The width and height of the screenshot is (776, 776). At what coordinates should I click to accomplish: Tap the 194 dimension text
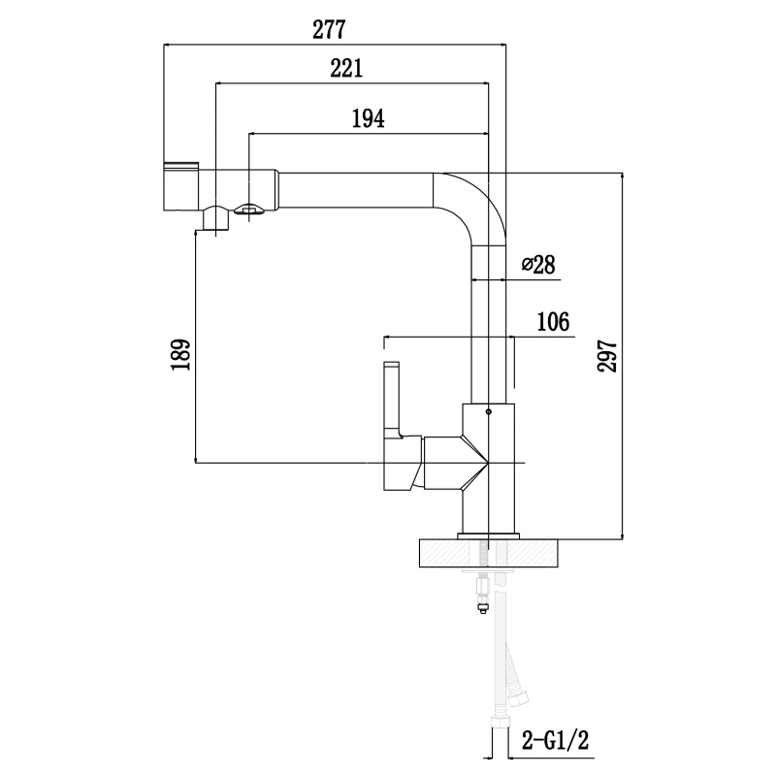click(368, 118)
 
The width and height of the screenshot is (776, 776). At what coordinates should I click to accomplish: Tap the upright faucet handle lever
click(392, 398)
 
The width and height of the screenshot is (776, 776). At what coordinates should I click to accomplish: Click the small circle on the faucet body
click(488, 412)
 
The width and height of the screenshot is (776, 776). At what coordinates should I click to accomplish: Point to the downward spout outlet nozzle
click(215, 220)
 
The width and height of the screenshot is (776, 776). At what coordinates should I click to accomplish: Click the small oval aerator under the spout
click(249, 207)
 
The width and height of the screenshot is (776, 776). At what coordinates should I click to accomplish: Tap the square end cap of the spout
click(181, 186)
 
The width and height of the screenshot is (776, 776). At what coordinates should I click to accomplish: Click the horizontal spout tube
click(349, 188)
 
